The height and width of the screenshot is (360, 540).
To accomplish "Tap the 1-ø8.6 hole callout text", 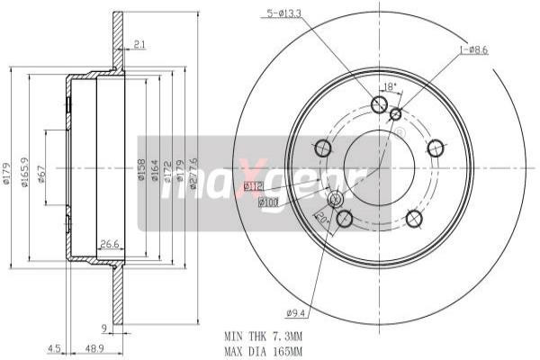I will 473,49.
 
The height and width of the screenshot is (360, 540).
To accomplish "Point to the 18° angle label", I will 390,86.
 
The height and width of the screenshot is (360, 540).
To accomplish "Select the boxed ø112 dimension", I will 253,186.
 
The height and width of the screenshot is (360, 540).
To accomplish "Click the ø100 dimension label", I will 269,202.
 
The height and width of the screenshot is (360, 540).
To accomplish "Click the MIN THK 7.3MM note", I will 263,333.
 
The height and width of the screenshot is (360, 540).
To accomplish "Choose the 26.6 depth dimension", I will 110,243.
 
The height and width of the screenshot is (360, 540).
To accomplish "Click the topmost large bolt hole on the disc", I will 380,106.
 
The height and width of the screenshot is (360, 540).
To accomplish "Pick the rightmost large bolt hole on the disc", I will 436,148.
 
